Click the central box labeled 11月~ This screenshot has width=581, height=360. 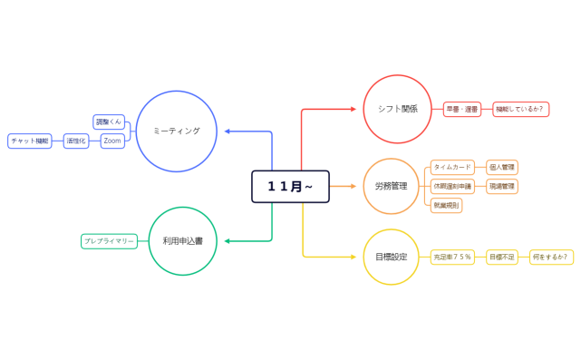(290, 186)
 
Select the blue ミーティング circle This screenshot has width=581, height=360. (177, 131)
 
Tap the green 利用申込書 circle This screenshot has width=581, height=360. (182, 241)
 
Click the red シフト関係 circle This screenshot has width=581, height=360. (397, 109)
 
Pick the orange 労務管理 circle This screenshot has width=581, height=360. (392, 186)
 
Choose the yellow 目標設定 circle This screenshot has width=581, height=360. (392, 257)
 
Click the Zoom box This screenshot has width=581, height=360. (112, 141)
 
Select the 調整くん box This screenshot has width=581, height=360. (109, 122)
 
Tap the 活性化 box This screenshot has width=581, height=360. (76, 141)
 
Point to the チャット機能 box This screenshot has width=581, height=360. (30, 141)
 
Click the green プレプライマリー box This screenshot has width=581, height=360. (110, 241)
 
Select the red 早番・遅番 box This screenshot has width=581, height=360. (461, 109)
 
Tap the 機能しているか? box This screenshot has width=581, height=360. (520, 109)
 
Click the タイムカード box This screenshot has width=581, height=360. (452, 167)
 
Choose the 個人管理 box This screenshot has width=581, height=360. (501, 167)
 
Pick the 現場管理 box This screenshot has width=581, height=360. (501, 186)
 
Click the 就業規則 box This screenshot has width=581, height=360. (447, 205)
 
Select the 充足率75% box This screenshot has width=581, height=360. (452, 257)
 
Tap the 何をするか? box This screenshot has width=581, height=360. (551, 257)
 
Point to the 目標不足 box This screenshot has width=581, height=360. (501, 257)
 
